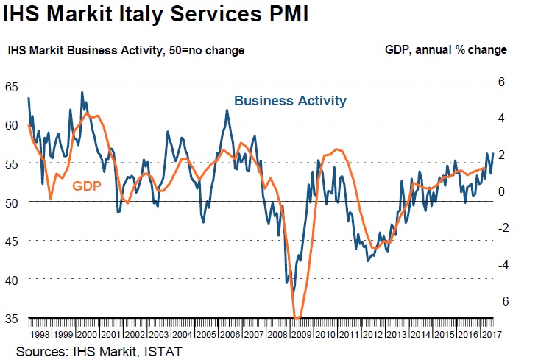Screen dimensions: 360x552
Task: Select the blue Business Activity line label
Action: pos(290,101)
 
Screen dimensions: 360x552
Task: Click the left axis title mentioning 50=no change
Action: pos(126,51)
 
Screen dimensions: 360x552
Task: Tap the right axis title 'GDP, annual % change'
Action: pos(445,51)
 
